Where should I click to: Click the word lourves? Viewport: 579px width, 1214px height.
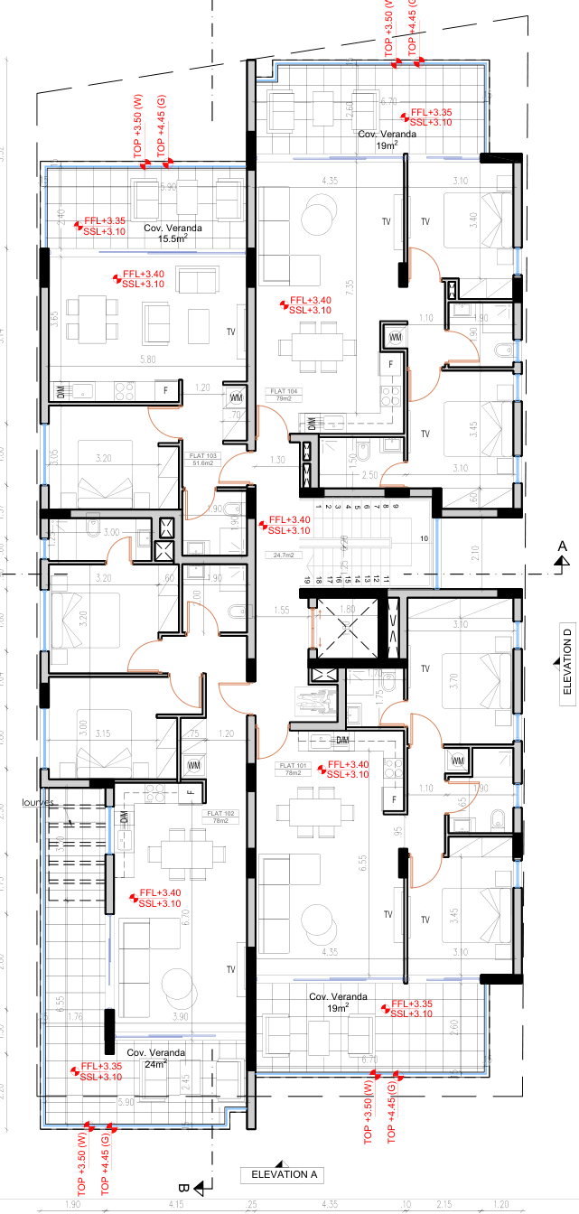pyautogui.click(x=41, y=802)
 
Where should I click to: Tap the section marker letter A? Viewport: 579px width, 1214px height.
pyautogui.click(x=562, y=546)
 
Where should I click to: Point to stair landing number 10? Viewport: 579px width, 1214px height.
pyautogui.click(x=423, y=539)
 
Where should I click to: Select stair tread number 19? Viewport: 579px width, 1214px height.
pyautogui.click(x=307, y=580)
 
